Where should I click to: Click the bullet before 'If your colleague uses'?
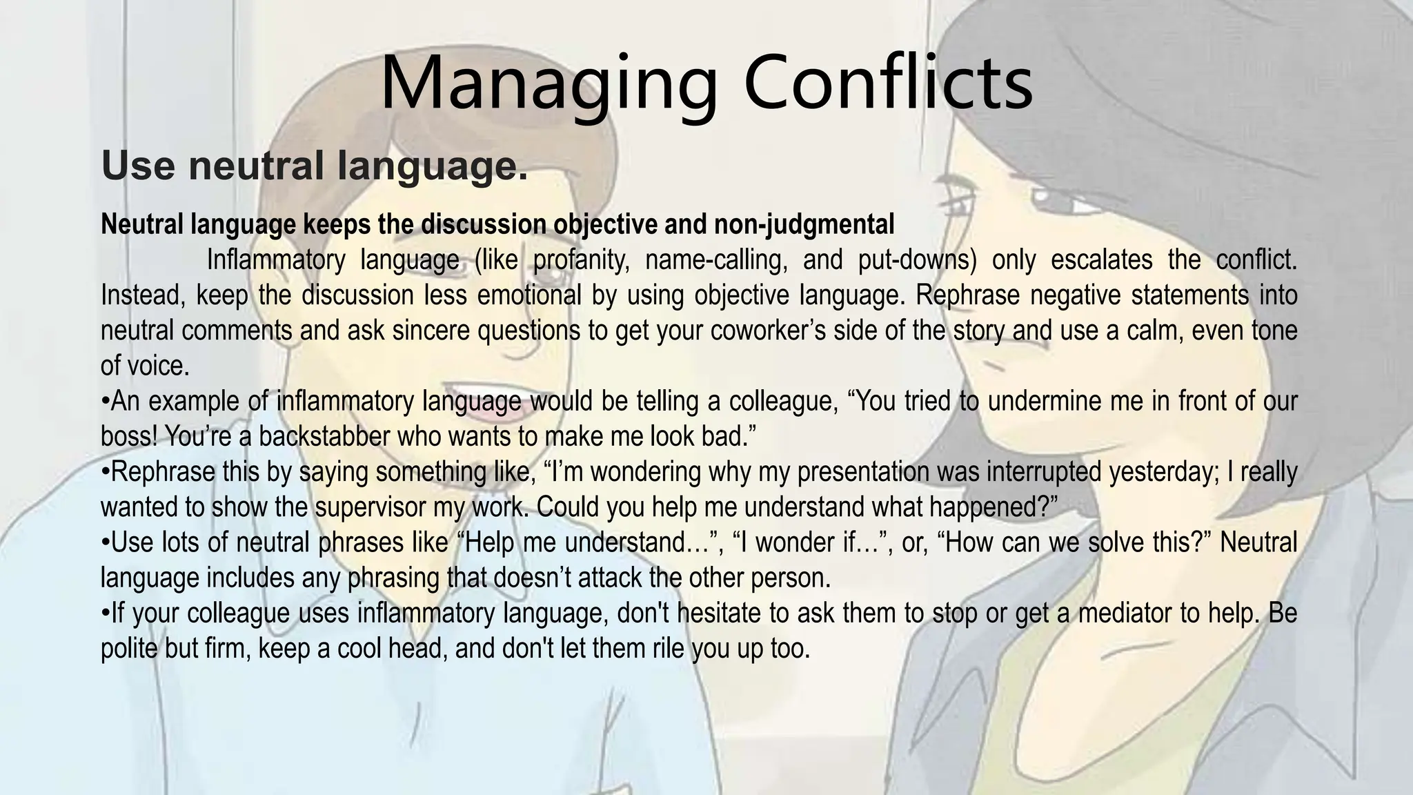click(x=106, y=613)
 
